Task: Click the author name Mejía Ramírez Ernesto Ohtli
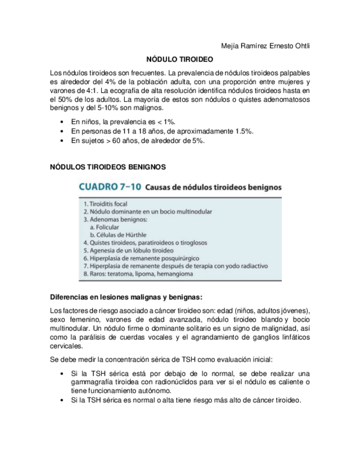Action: (x=261, y=46)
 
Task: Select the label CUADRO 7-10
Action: (x=111, y=187)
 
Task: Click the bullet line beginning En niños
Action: (x=123, y=121)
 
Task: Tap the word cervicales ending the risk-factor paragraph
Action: (x=66, y=346)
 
